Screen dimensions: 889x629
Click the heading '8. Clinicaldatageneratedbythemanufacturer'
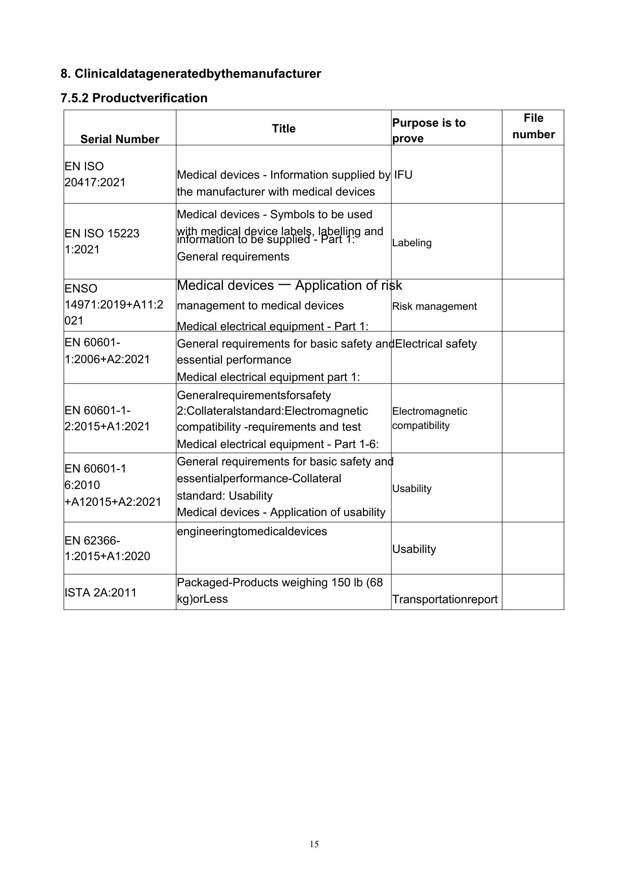[190, 73]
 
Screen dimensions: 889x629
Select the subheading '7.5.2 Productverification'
[134, 98]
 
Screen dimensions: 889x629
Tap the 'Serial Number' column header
[120, 139]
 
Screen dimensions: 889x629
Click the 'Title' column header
[283, 128]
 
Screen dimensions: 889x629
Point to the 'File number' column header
[533, 126]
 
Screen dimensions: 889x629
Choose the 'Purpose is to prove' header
[429, 130]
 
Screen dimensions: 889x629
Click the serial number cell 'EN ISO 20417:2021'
[95, 174]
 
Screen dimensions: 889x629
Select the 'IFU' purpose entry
[403, 175]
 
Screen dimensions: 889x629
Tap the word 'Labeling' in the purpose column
[412, 243]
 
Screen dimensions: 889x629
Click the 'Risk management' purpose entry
[434, 306]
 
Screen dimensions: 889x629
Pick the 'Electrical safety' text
[435, 344]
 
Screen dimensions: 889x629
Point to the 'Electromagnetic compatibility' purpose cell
[429, 418]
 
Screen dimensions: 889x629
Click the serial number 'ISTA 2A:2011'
[101, 593]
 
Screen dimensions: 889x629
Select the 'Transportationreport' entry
[444, 599]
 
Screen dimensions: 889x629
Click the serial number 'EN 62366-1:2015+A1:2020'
[107, 548]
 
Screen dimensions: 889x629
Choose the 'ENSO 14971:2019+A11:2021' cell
[114, 304]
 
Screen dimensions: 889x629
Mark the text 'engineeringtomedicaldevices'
[252, 531]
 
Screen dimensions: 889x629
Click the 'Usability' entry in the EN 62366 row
[414, 549]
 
